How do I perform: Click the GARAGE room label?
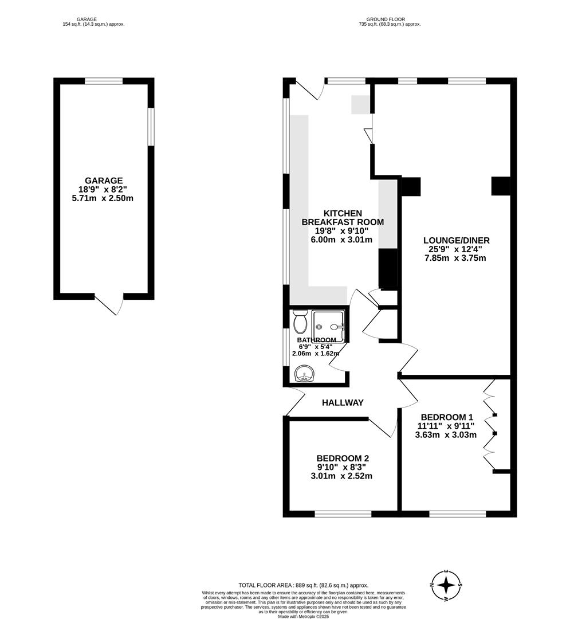[104, 181]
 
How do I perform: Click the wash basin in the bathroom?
[304, 375]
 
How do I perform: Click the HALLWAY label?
[343, 403]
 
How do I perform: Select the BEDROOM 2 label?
[343, 458]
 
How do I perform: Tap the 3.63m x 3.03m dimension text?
[446, 435]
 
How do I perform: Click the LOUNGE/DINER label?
[456, 240]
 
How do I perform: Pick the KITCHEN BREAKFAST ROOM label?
[343, 218]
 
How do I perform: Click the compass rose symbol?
[447, 586]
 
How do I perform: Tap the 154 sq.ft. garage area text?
[93, 25]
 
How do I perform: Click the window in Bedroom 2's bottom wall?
[343, 514]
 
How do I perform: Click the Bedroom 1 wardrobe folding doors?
[489, 424]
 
